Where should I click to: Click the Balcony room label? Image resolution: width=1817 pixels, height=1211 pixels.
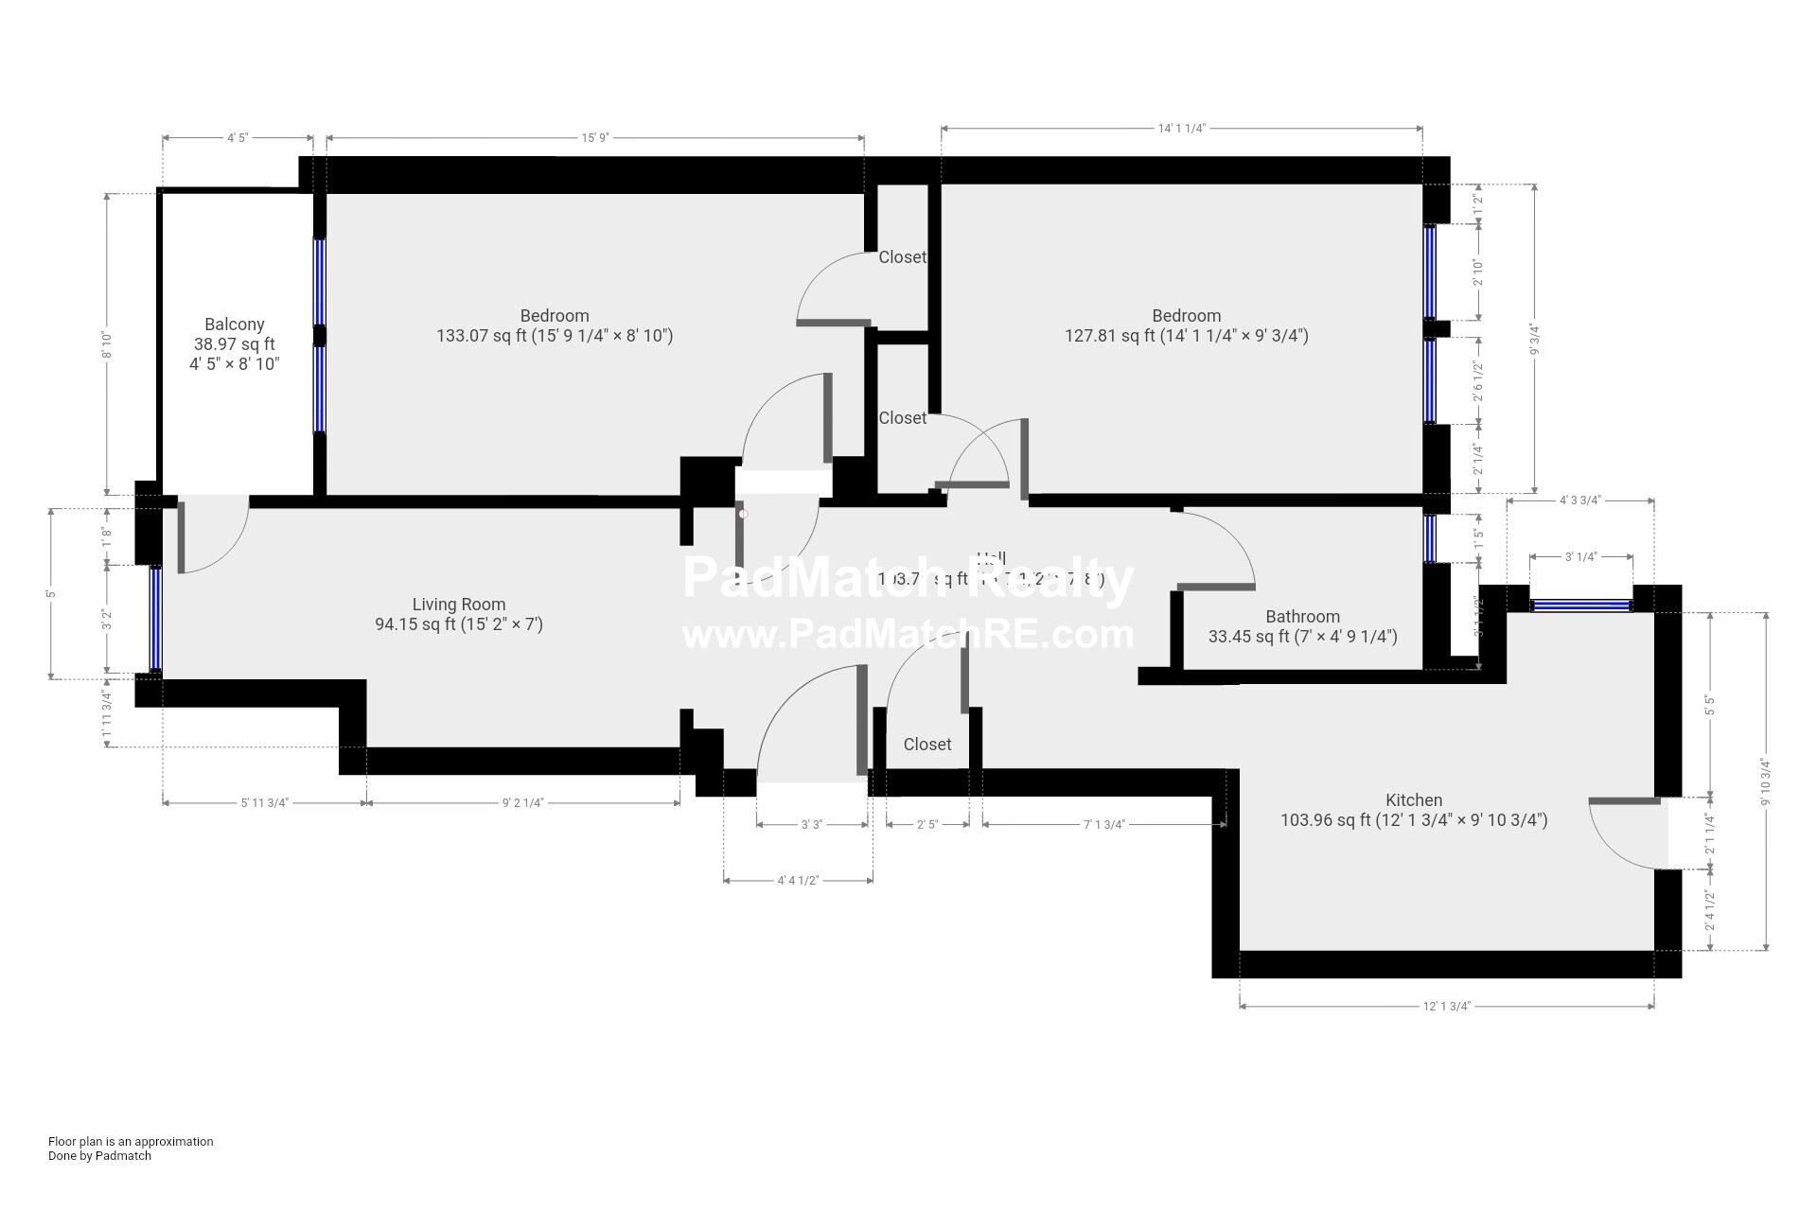(235, 325)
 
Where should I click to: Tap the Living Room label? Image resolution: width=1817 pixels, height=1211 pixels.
(459, 605)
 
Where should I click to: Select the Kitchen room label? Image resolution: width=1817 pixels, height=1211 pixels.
(1414, 800)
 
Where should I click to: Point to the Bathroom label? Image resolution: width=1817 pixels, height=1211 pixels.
(1302, 617)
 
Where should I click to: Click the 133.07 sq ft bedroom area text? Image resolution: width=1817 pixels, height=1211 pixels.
(555, 336)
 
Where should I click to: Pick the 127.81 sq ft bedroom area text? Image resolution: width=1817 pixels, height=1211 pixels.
(1187, 336)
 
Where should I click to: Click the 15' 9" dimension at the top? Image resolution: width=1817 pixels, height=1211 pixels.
(594, 138)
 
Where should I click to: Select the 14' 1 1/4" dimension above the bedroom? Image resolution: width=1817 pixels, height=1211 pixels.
(1180, 129)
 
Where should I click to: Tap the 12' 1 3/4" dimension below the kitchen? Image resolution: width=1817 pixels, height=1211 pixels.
(1446, 1006)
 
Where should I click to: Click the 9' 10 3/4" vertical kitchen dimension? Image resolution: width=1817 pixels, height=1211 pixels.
(1766, 781)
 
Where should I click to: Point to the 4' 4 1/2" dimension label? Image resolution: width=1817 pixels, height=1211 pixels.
(798, 881)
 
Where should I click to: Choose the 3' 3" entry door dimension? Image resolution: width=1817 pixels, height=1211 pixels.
(812, 825)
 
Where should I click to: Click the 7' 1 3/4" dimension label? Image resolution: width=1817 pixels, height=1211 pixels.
(1103, 825)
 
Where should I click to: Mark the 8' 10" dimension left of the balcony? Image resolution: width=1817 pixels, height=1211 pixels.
(107, 344)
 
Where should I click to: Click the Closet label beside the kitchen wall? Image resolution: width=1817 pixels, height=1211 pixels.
(927, 745)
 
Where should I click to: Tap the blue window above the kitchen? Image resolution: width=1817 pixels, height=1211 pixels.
(1581, 605)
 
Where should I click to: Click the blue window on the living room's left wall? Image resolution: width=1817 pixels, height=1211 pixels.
(155, 619)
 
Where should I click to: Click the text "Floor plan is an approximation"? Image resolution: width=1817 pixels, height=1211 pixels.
(131, 1142)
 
